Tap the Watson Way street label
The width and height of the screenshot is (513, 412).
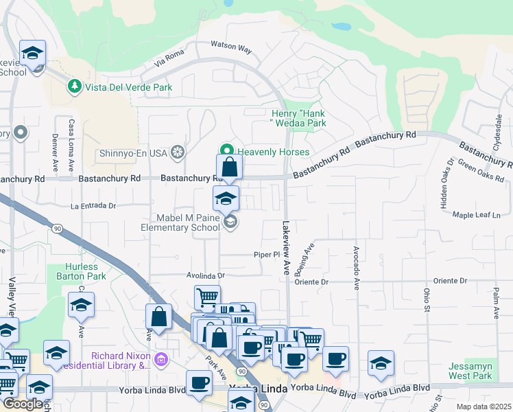pyautogui.click(x=231, y=47)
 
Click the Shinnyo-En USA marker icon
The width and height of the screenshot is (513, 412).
pyautogui.click(x=178, y=152)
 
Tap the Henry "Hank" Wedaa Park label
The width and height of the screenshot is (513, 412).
pyautogui.click(x=298, y=118)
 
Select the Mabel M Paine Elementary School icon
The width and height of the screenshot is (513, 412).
pyautogui.click(x=231, y=221)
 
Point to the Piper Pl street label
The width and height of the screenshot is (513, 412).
pyautogui.click(x=264, y=253)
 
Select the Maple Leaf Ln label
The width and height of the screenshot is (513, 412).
pyautogui.click(x=477, y=215)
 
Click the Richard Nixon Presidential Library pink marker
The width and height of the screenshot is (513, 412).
pyautogui.click(x=161, y=359)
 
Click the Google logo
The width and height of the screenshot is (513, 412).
pyautogui.click(x=23, y=404)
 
